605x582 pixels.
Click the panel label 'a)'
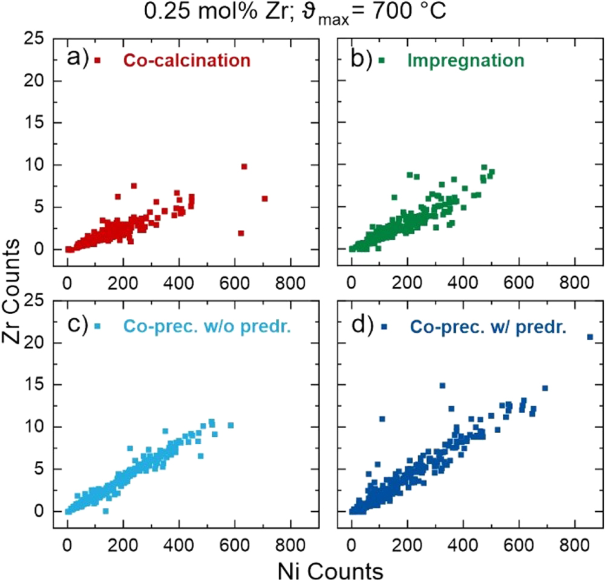pos(78,59)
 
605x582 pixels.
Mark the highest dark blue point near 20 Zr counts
pos(590,337)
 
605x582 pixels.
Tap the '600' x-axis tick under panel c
pos(234,529)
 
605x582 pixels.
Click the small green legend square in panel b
pos(382,60)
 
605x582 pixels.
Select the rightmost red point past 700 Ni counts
pos(264,198)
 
